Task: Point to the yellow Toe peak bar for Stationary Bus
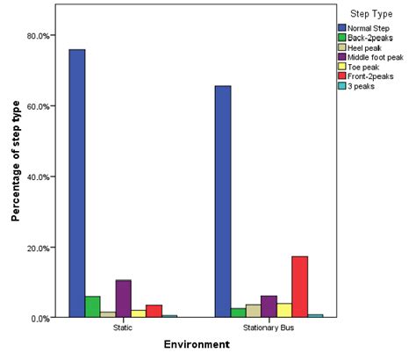[x=283, y=310]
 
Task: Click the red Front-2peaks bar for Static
[x=154, y=311]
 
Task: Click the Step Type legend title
[x=369, y=15]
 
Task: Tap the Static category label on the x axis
[x=123, y=328]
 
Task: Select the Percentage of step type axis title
[x=16, y=176]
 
